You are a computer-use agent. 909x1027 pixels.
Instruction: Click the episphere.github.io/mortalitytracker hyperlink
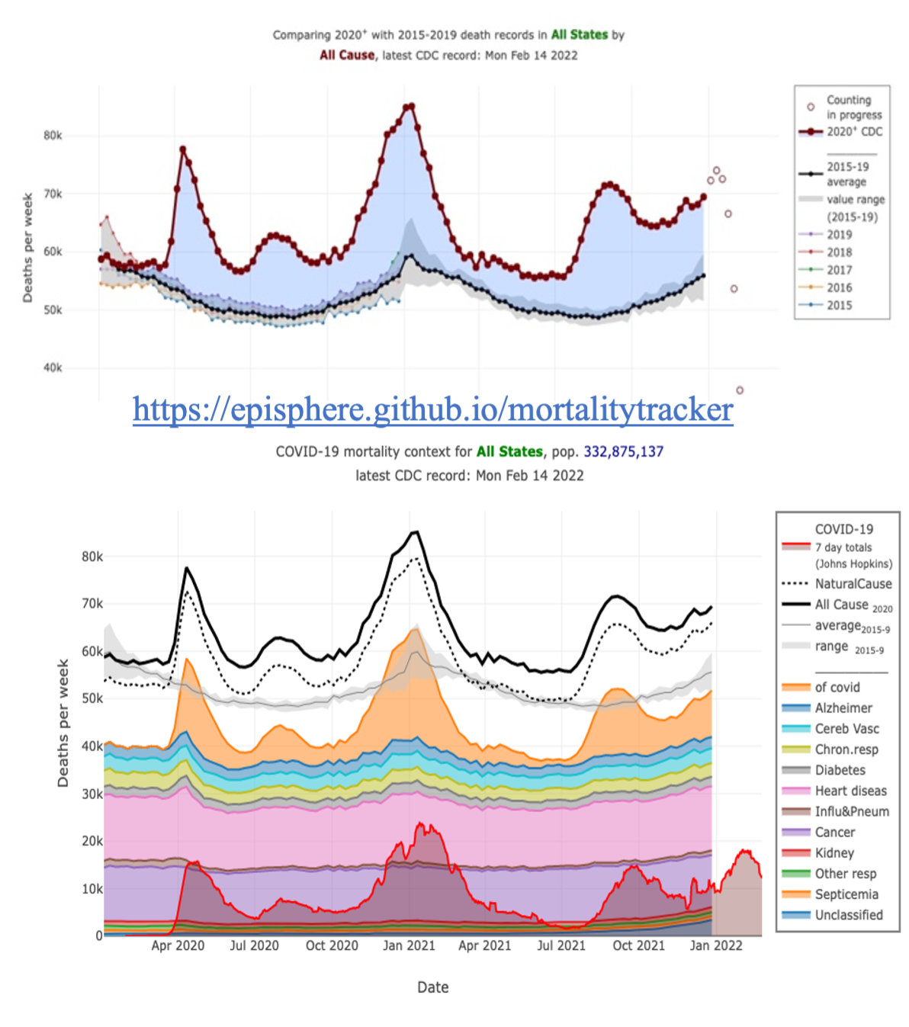pos(432,409)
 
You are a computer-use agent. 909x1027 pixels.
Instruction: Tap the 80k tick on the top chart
pos(53,136)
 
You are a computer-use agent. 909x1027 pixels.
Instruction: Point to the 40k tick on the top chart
pos(53,367)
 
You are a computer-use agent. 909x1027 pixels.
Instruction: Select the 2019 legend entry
pos(839,235)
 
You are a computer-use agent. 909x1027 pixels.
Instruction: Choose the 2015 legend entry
pos(839,305)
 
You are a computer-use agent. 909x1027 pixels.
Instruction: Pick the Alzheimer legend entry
pos(843,708)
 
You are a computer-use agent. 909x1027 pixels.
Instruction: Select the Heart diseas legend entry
pos(850,791)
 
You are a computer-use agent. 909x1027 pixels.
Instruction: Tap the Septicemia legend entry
pos(846,894)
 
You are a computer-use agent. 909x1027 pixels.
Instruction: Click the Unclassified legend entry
pos(848,915)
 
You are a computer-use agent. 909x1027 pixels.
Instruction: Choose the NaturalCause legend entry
pos(853,584)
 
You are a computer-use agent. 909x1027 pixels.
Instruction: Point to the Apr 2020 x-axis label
pos(178,946)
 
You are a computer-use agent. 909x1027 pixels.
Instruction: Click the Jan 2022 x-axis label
pos(715,946)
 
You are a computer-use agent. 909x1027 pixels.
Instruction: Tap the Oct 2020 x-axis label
pos(332,946)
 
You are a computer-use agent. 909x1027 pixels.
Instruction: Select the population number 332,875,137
pos(623,451)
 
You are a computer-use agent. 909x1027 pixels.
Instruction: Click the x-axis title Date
pos(432,987)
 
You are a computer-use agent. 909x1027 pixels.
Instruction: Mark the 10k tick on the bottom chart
pos(92,889)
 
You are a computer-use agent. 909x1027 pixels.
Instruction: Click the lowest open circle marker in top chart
pos(739,390)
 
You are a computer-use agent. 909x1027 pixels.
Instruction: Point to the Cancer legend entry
pos(834,833)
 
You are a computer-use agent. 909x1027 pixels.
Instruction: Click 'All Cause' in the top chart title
pos(347,55)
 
